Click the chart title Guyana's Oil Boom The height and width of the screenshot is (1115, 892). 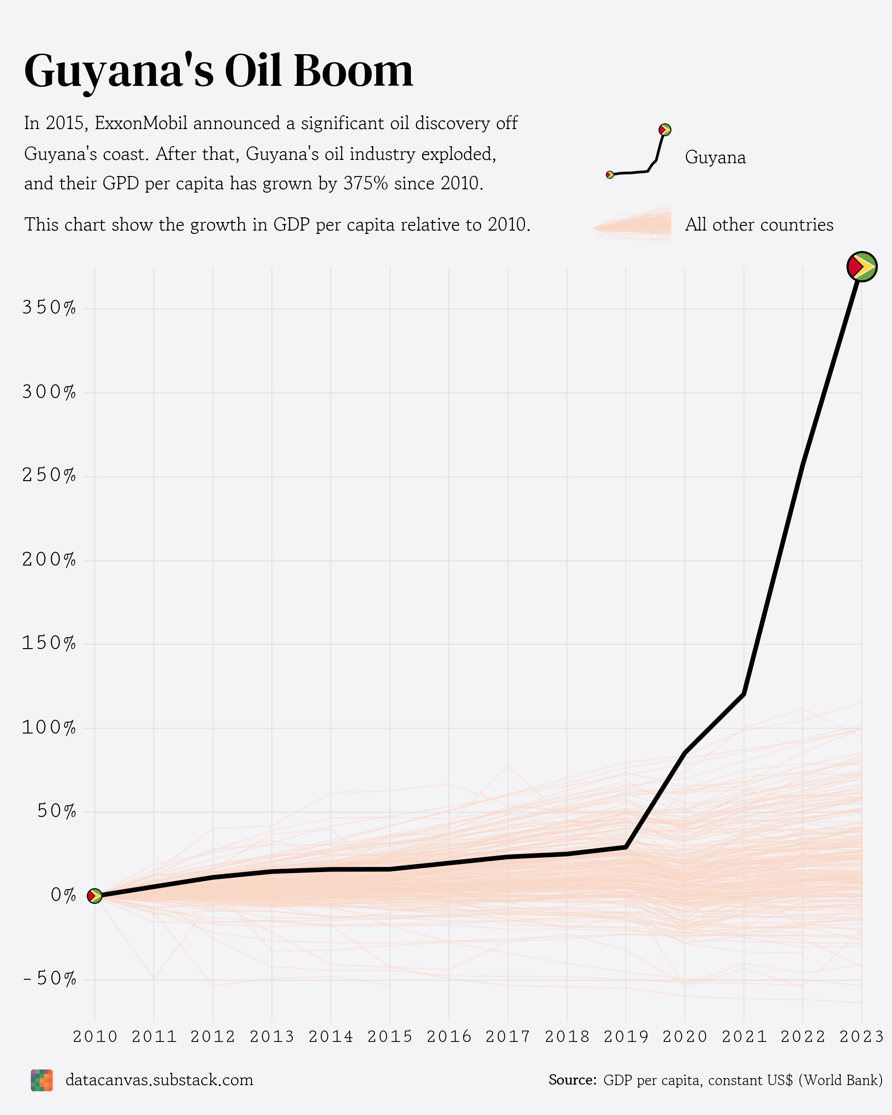click(x=218, y=71)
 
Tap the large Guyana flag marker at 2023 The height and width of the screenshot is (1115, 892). click(x=862, y=267)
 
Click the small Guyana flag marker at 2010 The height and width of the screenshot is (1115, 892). click(x=94, y=896)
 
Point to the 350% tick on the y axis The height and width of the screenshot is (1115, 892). click(x=49, y=308)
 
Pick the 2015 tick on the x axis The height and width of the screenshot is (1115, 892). click(x=390, y=1036)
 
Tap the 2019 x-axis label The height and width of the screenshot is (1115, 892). click(x=626, y=1036)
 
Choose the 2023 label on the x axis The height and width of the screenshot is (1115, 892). click(x=862, y=1036)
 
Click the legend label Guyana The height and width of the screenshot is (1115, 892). click(x=715, y=158)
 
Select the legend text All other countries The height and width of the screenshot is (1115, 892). click(x=759, y=225)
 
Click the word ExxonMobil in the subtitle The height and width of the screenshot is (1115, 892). click(x=143, y=124)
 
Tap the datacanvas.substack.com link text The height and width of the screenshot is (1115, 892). click(x=159, y=1080)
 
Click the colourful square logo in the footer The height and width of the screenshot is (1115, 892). click(x=42, y=1080)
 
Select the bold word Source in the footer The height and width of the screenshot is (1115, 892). click(x=572, y=1080)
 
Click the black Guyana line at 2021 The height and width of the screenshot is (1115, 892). click(x=743, y=694)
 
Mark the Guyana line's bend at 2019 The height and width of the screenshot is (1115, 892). click(x=626, y=847)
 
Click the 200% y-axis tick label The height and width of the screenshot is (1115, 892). click(x=49, y=560)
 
